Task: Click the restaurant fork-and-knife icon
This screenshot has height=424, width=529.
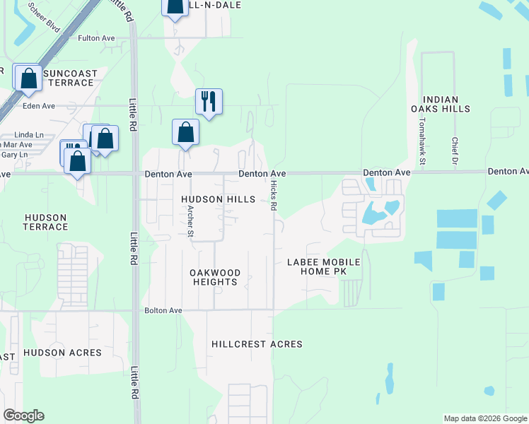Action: click(x=209, y=101)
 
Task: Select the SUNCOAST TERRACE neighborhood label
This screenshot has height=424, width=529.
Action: click(x=68, y=78)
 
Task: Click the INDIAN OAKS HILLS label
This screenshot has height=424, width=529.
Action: click(x=446, y=104)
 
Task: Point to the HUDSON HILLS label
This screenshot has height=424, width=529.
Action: click(x=218, y=200)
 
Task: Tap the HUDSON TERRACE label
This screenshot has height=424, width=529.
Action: click(x=45, y=222)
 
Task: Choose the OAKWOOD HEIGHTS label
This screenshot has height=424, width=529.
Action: click(x=216, y=277)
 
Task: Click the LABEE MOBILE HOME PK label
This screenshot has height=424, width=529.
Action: click(x=323, y=267)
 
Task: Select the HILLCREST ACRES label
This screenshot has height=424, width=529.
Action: click(x=257, y=344)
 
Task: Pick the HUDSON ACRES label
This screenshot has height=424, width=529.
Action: click(x=62, y=352)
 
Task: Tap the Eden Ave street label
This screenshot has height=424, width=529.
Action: click(x=39, y=106)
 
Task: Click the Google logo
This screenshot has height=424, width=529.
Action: click(x=24, y=416)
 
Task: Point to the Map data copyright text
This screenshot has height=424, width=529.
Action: click(x=484, y=418)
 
